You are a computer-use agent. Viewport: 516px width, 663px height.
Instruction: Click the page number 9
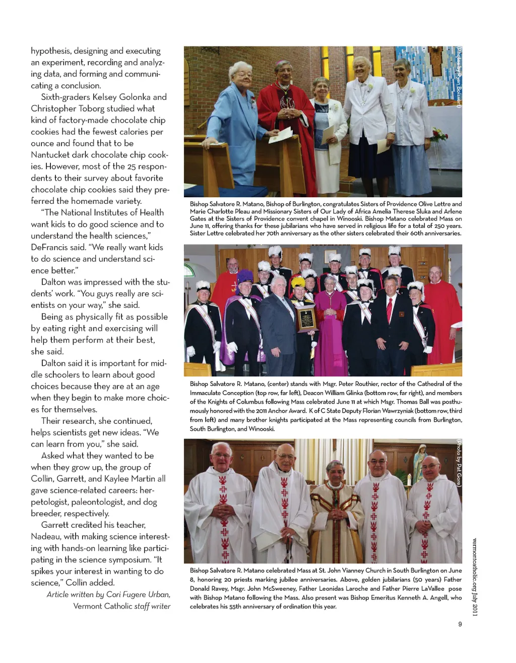460,624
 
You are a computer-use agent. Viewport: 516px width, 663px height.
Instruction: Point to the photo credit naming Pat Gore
459,462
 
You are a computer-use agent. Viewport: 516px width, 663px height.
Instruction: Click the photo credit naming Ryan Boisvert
459,77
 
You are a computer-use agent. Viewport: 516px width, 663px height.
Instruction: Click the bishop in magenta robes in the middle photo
331,323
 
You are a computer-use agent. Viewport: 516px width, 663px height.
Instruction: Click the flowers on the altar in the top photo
439,135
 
